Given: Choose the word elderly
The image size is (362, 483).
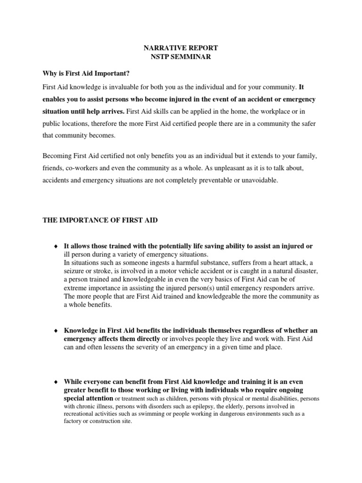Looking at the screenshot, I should coord(237,406).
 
